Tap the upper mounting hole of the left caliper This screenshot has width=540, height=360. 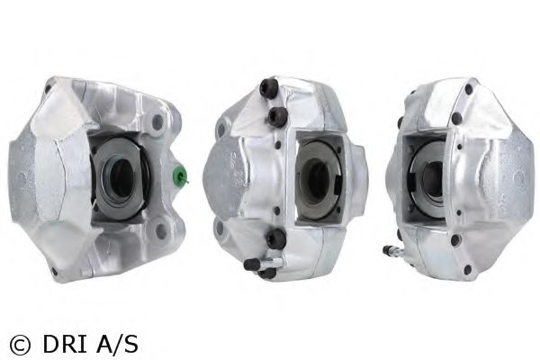tap(157, 121)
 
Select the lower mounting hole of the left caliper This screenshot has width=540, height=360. tap(160, 232)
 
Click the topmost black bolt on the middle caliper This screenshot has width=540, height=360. tap(269, 88)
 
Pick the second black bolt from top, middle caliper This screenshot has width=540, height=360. tap(278, 116)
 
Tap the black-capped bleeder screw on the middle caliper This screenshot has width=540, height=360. tap(252, 265)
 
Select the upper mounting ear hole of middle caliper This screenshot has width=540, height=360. tap(221, 130)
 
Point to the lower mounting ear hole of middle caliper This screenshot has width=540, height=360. tap(220, 227)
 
